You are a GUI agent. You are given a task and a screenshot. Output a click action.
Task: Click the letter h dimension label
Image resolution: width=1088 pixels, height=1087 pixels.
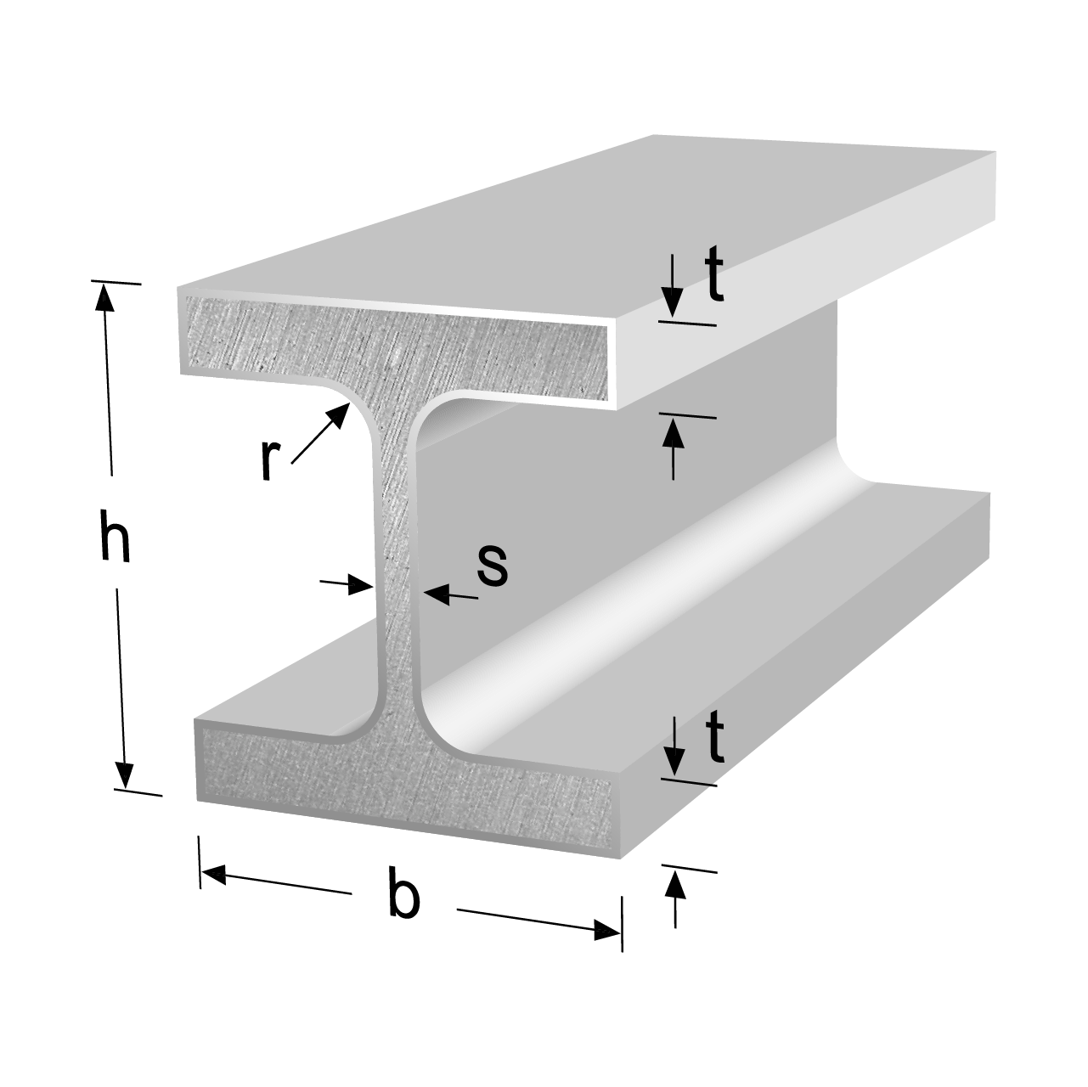point(116,535)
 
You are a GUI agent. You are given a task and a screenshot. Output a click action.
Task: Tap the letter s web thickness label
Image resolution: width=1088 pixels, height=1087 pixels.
point(493,566)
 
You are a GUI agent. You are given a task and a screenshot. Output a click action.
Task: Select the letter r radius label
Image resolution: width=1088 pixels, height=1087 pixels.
point(270,460)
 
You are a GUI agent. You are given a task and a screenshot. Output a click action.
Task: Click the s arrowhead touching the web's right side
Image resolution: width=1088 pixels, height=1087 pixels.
point(437,594)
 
